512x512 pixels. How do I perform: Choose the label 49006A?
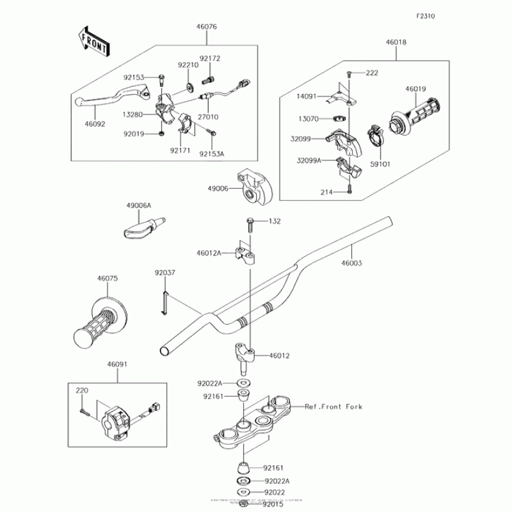pyautogui.click(x=139, y=205)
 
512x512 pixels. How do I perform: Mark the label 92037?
pyautogui.click(x=164, y=273)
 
